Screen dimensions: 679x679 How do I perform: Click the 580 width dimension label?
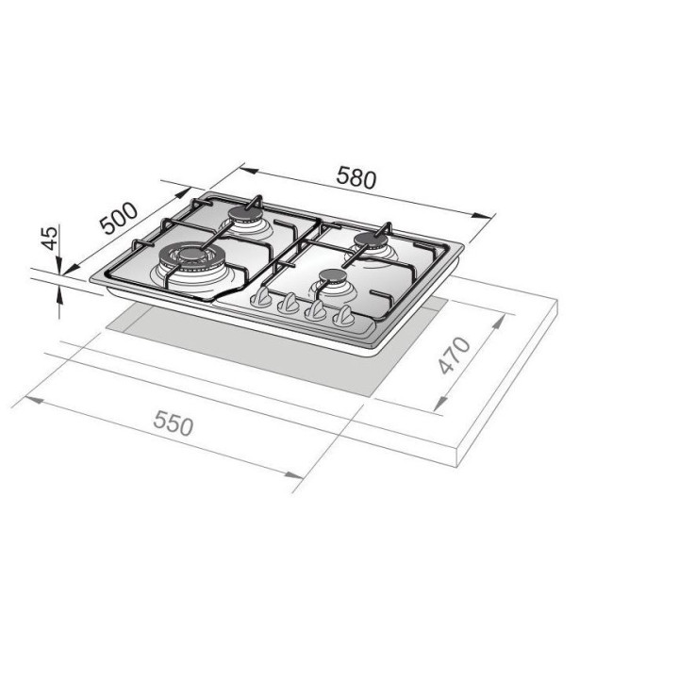356,177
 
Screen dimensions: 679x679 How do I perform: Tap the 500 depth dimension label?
118,219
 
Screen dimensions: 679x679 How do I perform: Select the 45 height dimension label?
49,238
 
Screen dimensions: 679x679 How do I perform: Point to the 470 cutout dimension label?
454,356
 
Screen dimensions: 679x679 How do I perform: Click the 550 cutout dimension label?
174,423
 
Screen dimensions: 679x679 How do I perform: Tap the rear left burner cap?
244,214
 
